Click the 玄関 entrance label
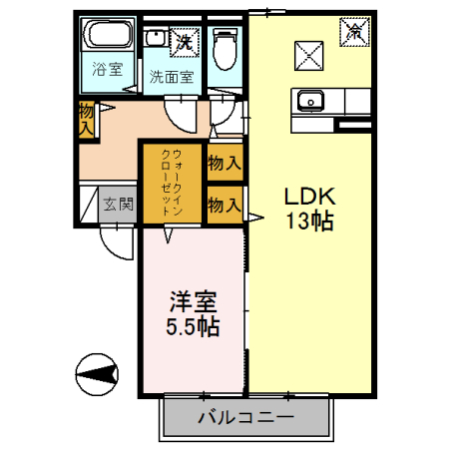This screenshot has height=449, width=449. [x=118, y=205]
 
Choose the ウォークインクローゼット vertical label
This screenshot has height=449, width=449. [x=172, y=182]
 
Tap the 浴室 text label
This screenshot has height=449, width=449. [x=108, y=70]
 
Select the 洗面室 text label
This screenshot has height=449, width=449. [x=169, y=76]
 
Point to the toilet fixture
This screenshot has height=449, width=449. [x=225, y=46]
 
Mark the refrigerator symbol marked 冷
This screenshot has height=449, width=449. [x=355, y=32]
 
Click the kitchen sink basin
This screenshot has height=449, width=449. [x=308, y=100]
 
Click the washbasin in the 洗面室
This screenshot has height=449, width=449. [x=156, y=39]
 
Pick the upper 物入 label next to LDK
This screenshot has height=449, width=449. [x=224, y=163]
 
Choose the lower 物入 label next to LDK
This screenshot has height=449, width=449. [x=224, y=205]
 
